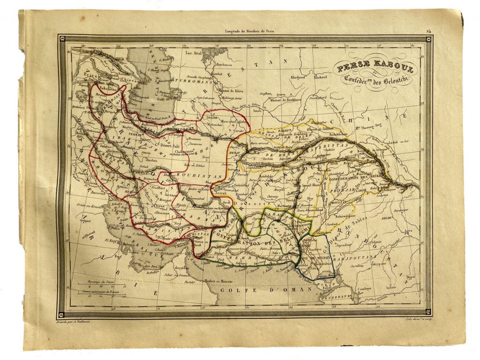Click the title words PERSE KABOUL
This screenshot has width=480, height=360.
(373, 69)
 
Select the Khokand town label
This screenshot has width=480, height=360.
(321, 76)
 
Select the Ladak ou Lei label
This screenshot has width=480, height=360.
(400, 141)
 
